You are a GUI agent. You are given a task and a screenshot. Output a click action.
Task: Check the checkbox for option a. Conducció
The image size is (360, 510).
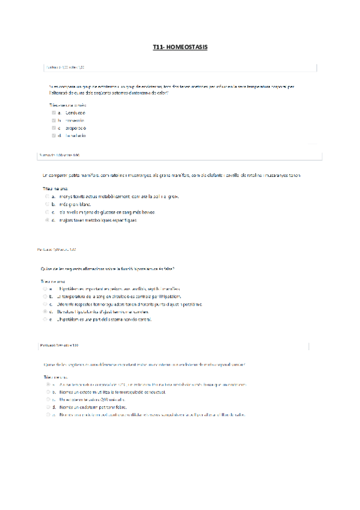(53, 112)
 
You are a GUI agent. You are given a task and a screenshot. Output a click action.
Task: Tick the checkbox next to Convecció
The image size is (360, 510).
(53, 120)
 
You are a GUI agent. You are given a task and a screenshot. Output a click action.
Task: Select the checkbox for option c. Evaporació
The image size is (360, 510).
(53, 128)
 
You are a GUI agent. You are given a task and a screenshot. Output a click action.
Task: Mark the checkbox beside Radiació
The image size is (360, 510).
(53, 136)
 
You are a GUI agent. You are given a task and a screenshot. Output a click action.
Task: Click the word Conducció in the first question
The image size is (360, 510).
(75, 112)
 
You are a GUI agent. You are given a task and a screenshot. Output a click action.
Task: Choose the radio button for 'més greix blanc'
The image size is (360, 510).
(46, 204)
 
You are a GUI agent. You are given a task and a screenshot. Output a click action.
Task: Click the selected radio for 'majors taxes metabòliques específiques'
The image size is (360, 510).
(46, 220)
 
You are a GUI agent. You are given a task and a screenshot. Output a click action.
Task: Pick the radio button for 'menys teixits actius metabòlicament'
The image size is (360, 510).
(46, 196)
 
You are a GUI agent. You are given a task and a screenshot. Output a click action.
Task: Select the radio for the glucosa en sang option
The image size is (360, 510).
(46, 212)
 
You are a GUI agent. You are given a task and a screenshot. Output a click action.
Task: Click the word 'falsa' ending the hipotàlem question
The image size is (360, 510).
(170, 268)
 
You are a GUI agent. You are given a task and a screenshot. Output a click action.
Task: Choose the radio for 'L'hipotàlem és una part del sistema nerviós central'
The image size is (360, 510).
(44, 319)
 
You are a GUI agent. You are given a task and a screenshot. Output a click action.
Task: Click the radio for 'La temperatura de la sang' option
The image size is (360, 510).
(44, 296)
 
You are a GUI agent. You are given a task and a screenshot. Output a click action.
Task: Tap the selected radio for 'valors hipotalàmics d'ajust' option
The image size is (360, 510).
(44, 312)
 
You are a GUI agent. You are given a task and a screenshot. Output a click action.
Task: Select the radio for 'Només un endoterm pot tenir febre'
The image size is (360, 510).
(47, 407)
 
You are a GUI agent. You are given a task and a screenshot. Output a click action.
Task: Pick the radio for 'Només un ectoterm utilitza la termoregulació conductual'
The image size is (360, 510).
(47, 391)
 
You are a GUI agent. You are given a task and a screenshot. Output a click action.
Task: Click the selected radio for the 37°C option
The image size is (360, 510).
(47, 384)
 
